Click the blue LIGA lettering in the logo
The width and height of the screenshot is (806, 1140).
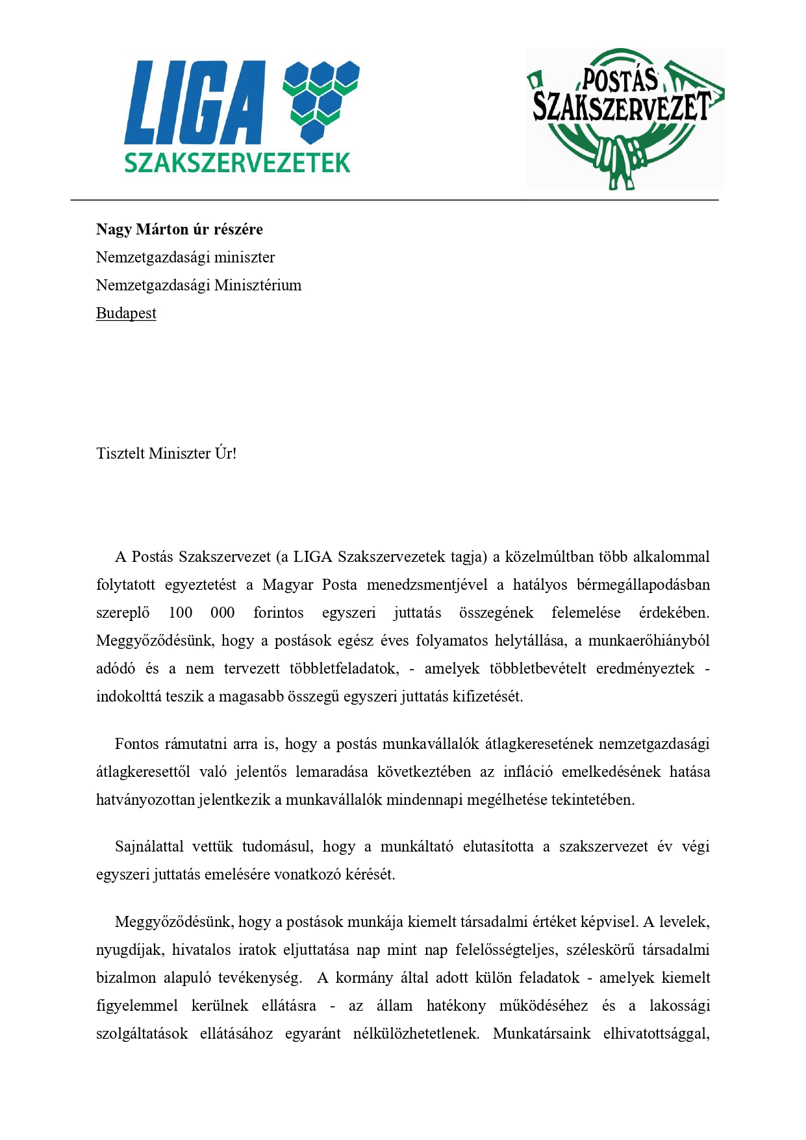(195, 103)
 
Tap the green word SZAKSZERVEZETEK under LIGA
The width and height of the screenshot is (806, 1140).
(237, 162)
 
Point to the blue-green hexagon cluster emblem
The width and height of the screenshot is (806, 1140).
(321, 101)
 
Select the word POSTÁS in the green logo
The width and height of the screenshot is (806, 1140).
(620, 81)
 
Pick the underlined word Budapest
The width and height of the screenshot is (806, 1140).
(126, 313)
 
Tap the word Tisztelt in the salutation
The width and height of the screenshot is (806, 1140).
(120, 453)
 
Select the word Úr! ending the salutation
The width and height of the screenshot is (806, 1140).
(225, 453)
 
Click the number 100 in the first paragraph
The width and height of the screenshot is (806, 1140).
(181, 613)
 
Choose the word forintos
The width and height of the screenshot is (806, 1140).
(278, 613)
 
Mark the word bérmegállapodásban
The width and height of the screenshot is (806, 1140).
(643, 585)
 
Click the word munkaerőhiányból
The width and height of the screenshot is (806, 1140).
(649, 640)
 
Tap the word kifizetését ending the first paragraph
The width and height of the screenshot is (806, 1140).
(488, 696)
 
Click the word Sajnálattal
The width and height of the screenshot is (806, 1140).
(149, 846)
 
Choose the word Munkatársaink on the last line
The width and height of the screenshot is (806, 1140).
(542, 1033)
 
